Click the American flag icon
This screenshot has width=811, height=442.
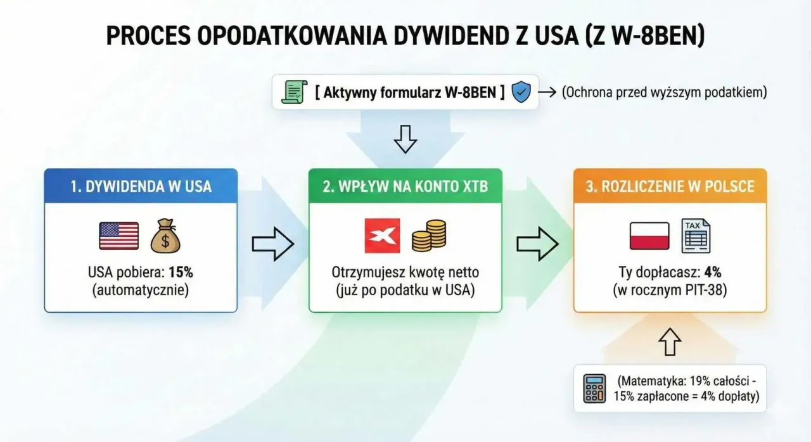(x=119, y=236)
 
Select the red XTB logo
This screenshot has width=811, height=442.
(x=382, y=236)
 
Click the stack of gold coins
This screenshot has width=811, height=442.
(x=429, y=236)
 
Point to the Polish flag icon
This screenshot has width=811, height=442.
(x=649, y=236)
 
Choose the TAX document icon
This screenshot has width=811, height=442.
(x=696, y=236)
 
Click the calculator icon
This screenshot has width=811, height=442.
(x=594, y=388)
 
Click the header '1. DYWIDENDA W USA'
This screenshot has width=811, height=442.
(x=141, y=186)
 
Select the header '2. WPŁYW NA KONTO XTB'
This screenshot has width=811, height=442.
(x=405, y=186)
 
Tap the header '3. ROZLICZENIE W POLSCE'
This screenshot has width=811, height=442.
(x=670, y=186)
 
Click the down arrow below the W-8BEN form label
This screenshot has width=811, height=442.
(x=405, y=139)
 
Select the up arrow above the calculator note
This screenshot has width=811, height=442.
(x=670, y=342)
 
